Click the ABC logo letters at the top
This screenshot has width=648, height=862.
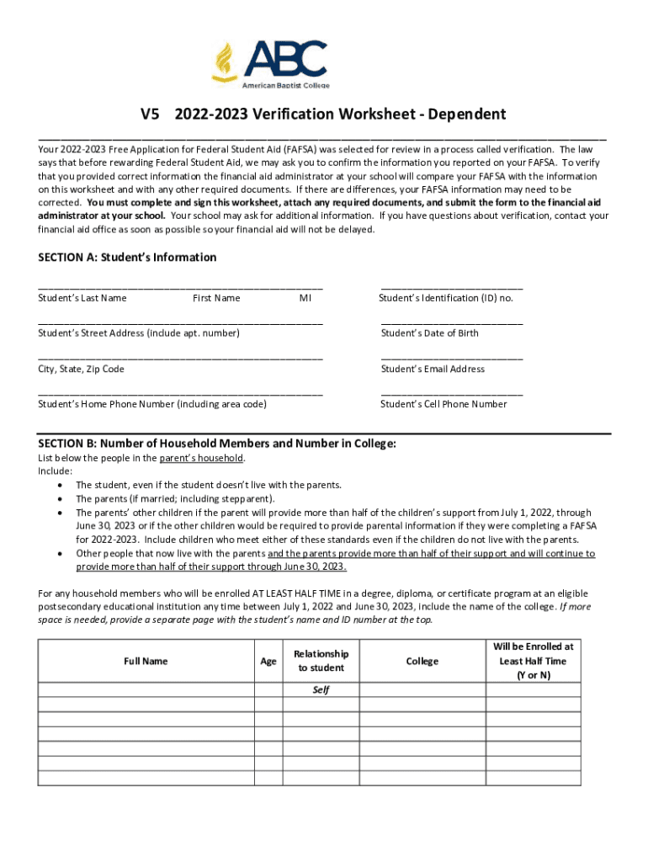tap(285, 59)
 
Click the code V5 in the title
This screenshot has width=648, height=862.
tap(151, 114)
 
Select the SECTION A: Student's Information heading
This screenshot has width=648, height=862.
tap(127, 258)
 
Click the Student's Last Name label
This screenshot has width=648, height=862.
tap(82, 298)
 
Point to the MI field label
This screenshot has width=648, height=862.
tap(305, 298)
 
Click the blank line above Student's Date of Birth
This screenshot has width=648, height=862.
tap(451, 322)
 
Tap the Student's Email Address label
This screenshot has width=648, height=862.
tap(433, 369)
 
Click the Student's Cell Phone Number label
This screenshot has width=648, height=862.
tap(444, 404)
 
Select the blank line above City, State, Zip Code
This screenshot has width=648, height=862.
tap(180, 358)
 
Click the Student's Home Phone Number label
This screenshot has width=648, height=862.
tap(152, 404)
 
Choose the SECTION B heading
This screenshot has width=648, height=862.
tap(217, 444)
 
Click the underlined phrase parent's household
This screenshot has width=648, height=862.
tap(201, 458)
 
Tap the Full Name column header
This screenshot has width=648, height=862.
tap(146, 661)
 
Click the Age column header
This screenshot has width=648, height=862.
tap(268, 661)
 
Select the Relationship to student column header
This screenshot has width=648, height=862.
tap(321, 661)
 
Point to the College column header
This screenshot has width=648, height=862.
tap(422, 661)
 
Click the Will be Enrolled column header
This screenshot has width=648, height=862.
tap(533, 661)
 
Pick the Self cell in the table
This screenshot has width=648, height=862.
tap(321, 689)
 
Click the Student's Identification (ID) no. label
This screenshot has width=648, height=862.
tap(446, 298)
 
